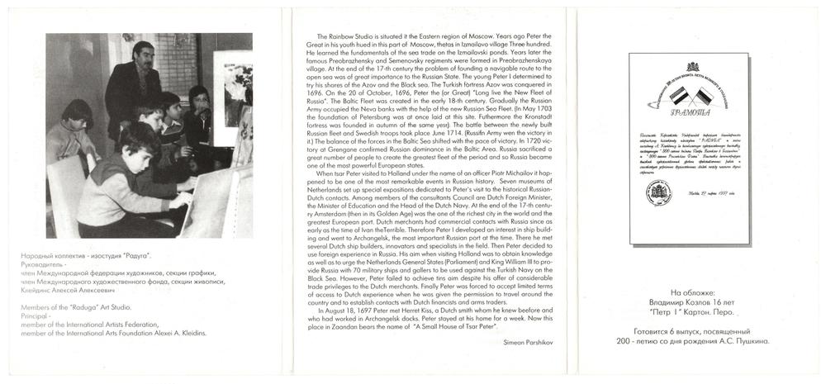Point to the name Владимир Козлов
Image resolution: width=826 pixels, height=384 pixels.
click(x=694, y=303)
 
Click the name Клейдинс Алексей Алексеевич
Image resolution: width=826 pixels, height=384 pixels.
click(x=63, y=291)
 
